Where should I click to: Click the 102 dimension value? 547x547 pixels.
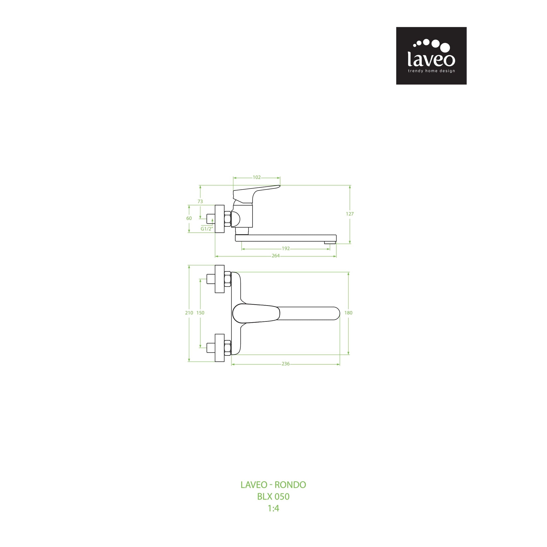(x=257, y=177)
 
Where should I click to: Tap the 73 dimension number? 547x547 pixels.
(x=200, y=201)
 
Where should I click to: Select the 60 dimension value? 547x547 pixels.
(x=189, y=218)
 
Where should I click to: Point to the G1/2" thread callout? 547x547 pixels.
(x=206, y=229)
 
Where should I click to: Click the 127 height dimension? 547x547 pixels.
(x=350, y=214)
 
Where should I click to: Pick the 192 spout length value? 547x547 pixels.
(x=286, y=248)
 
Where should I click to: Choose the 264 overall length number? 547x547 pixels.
(x=275, y=256)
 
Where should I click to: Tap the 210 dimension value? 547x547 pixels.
(x=189, y=313)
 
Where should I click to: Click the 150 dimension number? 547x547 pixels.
(x=200, y=313)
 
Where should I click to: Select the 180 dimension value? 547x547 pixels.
(x=348, y=313)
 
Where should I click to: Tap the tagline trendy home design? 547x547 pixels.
(x=431, y=71)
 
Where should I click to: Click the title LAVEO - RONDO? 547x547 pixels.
(x=273, y=485)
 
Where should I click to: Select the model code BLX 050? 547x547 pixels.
(x=273, y=497)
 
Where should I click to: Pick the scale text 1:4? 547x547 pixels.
(x=273, y=508)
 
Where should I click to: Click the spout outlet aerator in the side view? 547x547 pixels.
(x=330, y=242)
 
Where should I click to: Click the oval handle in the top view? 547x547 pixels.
(x=256, y=313)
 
